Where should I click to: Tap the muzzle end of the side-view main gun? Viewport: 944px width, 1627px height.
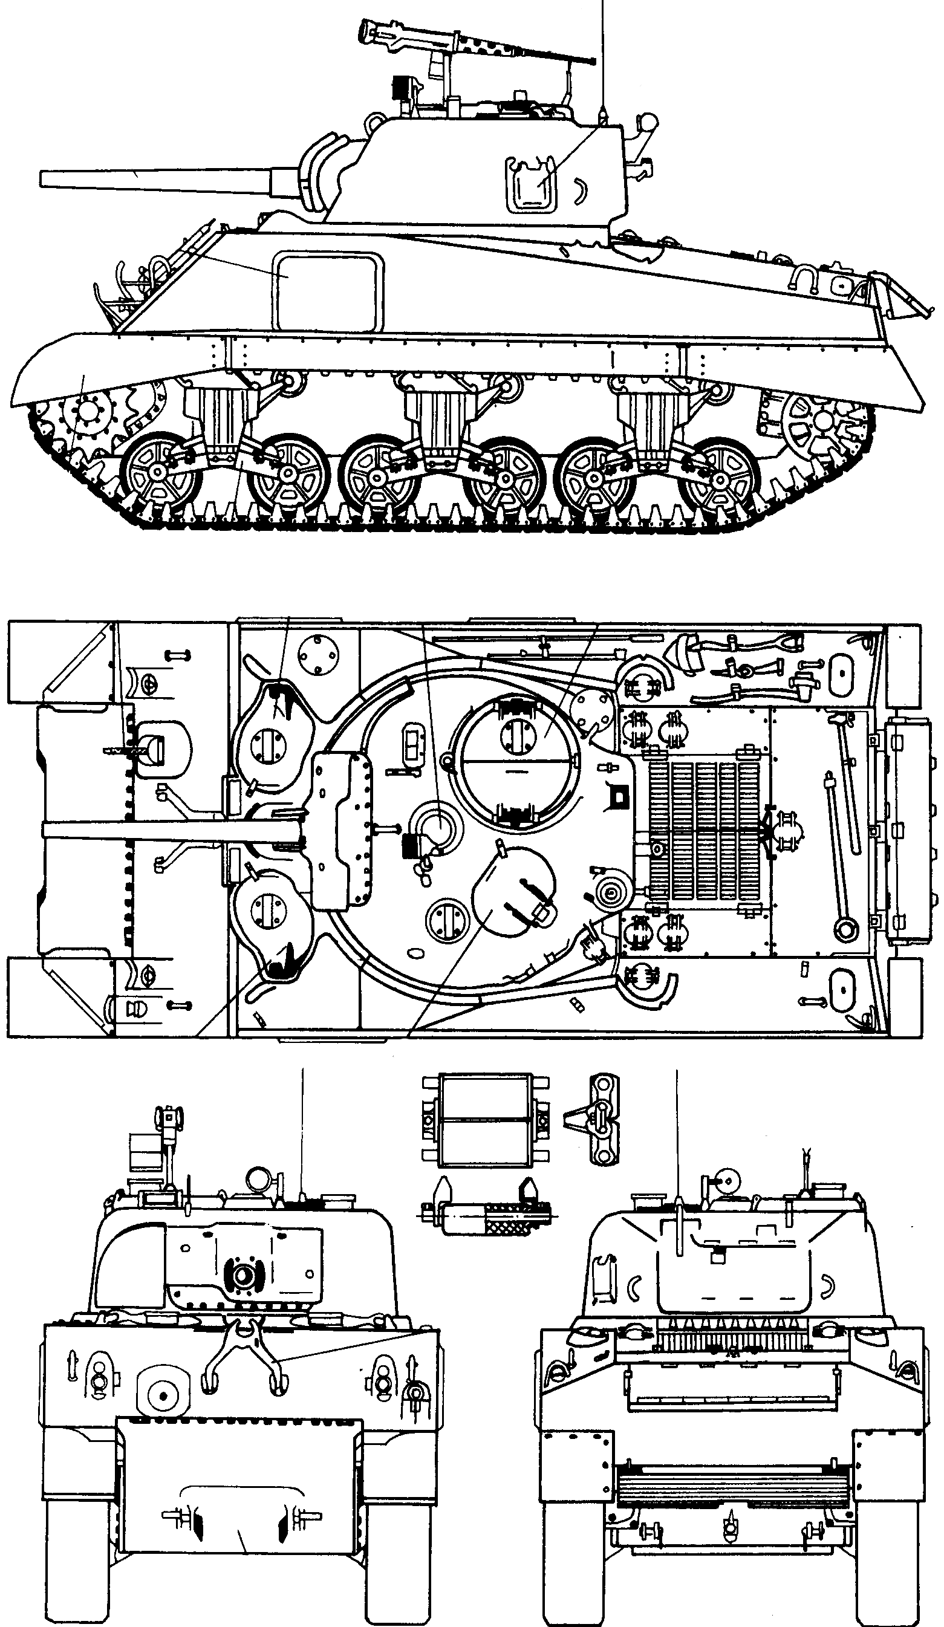point(44,179)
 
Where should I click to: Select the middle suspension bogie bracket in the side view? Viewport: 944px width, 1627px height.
point(439,420)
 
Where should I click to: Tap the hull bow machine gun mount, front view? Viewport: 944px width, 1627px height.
point(163,1395)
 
